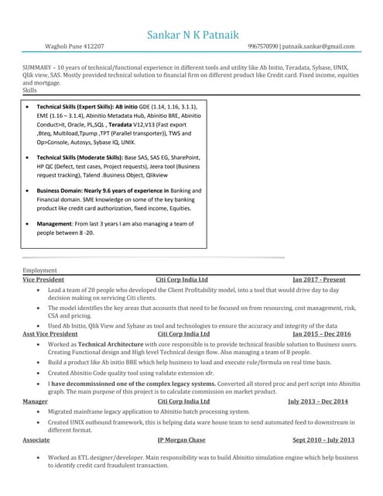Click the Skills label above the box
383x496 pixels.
[30, 91]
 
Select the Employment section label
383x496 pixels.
[39, 270]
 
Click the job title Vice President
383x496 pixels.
[43, 279]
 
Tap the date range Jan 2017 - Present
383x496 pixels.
[319, 279]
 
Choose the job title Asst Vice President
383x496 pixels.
[51, 333]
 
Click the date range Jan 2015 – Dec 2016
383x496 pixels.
[321, 333]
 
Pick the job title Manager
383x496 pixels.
[35, 401]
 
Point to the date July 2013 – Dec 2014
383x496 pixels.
[318, 401]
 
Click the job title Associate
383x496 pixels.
[36, 439]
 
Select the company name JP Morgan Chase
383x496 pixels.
[181, 439]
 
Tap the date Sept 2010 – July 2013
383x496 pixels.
[323, 439]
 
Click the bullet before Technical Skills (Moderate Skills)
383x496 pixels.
[29, 157]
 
